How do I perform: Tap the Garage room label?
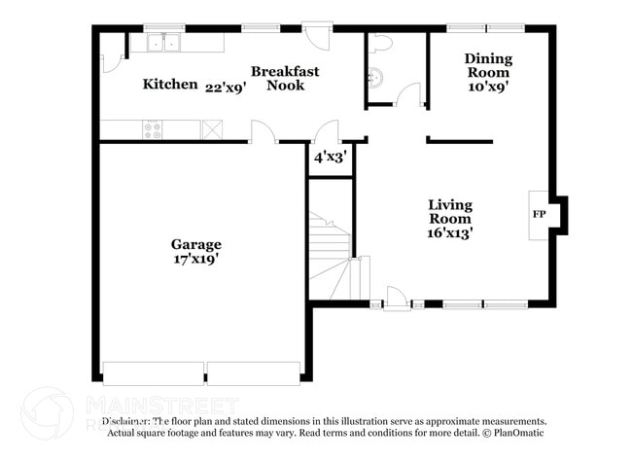(196, 245)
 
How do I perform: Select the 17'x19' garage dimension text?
(196, 260)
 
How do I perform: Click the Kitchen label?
(170, 85)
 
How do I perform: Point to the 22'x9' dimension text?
(225, 87)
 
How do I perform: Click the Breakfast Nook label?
(285, 78)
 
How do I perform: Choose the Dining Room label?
(488, 65)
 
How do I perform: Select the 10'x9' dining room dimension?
(488, 87)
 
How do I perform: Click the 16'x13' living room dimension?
(451, 232)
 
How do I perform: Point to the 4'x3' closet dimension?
(330, 156)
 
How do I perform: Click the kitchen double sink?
(163, 43)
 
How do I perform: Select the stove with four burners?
(153, 128)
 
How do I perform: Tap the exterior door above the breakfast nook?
(317, 35)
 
